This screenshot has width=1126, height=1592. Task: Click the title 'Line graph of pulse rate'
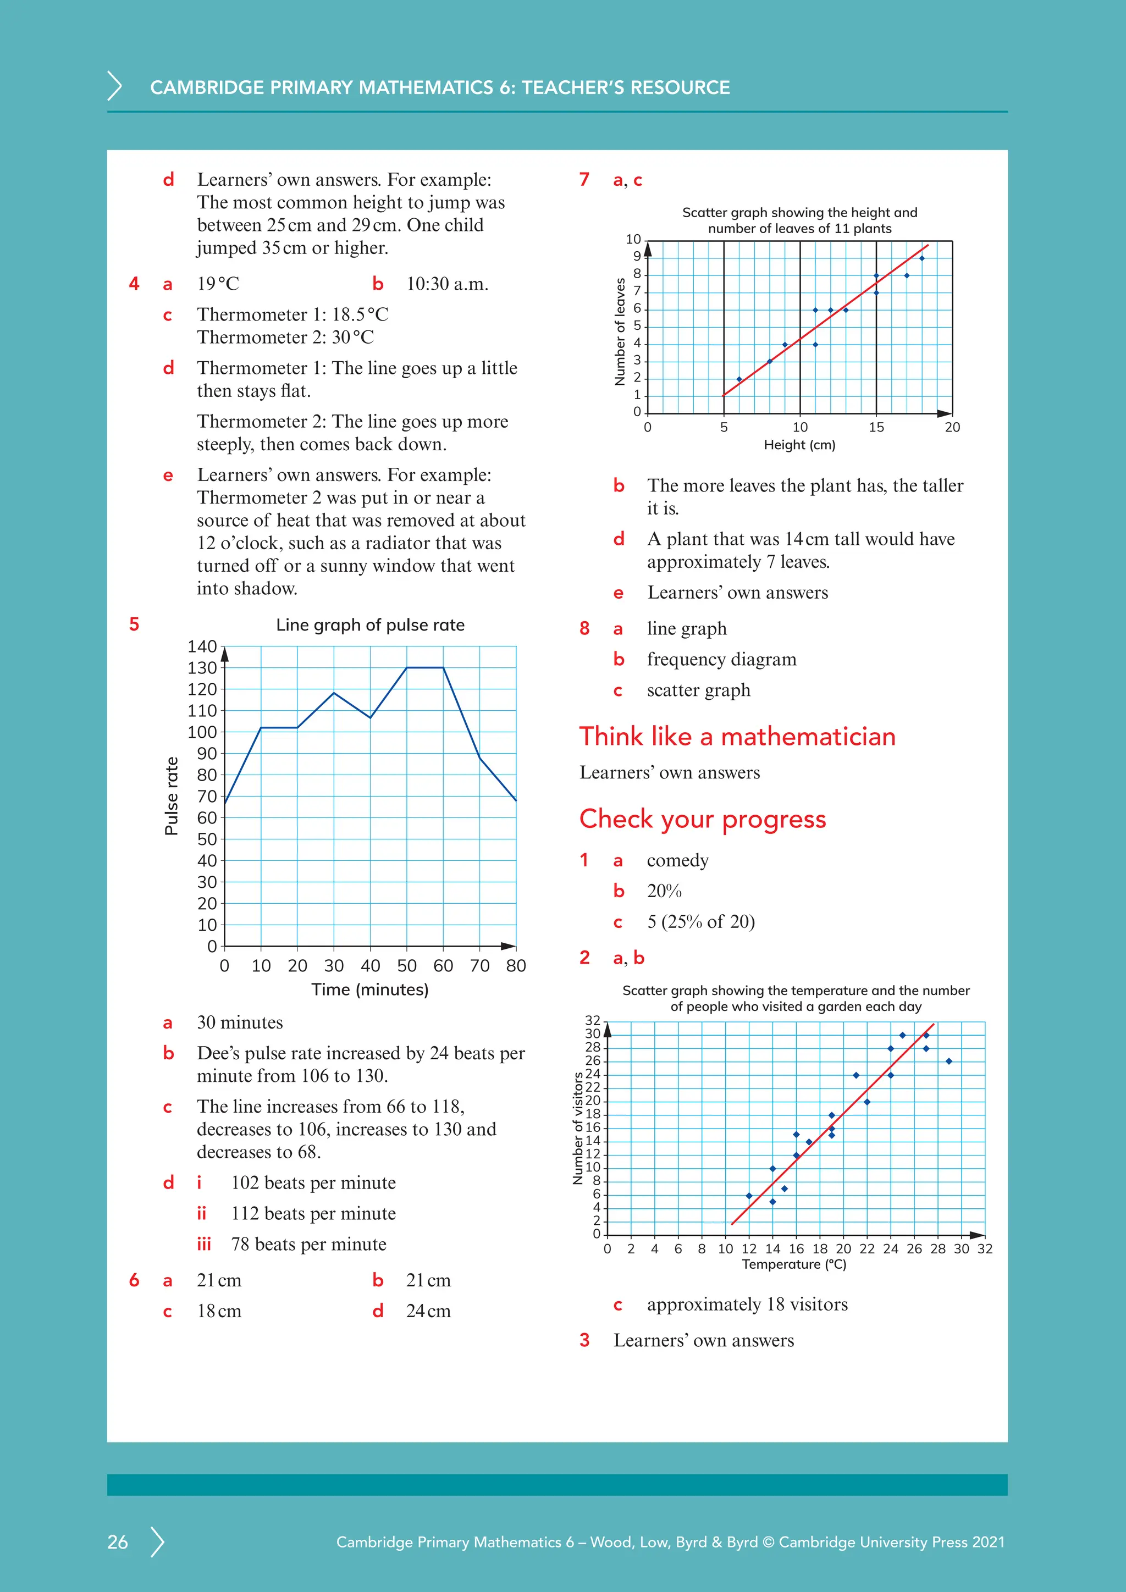370,624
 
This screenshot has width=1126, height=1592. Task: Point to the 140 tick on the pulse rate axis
202,646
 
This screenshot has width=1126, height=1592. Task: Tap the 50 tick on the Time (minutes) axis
406,966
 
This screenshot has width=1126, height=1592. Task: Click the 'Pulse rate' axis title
171,795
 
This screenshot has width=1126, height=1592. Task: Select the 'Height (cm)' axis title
799,445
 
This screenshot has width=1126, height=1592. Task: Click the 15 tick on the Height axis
876,427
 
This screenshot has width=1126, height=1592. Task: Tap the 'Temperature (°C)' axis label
794,1264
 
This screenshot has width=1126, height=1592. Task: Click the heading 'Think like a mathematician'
737,737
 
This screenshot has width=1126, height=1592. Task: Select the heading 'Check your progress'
702,819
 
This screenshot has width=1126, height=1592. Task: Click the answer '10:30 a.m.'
447,284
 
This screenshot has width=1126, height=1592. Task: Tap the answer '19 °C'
218,284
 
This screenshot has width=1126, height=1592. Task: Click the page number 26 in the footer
118,1541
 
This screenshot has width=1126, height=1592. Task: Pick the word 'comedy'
677,860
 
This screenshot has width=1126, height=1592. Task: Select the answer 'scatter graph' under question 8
698,690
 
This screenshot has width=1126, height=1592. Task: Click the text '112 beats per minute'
313,1213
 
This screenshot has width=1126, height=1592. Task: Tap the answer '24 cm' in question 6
428,1311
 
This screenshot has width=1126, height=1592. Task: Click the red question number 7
584,180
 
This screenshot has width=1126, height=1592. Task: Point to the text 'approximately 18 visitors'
747,1304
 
